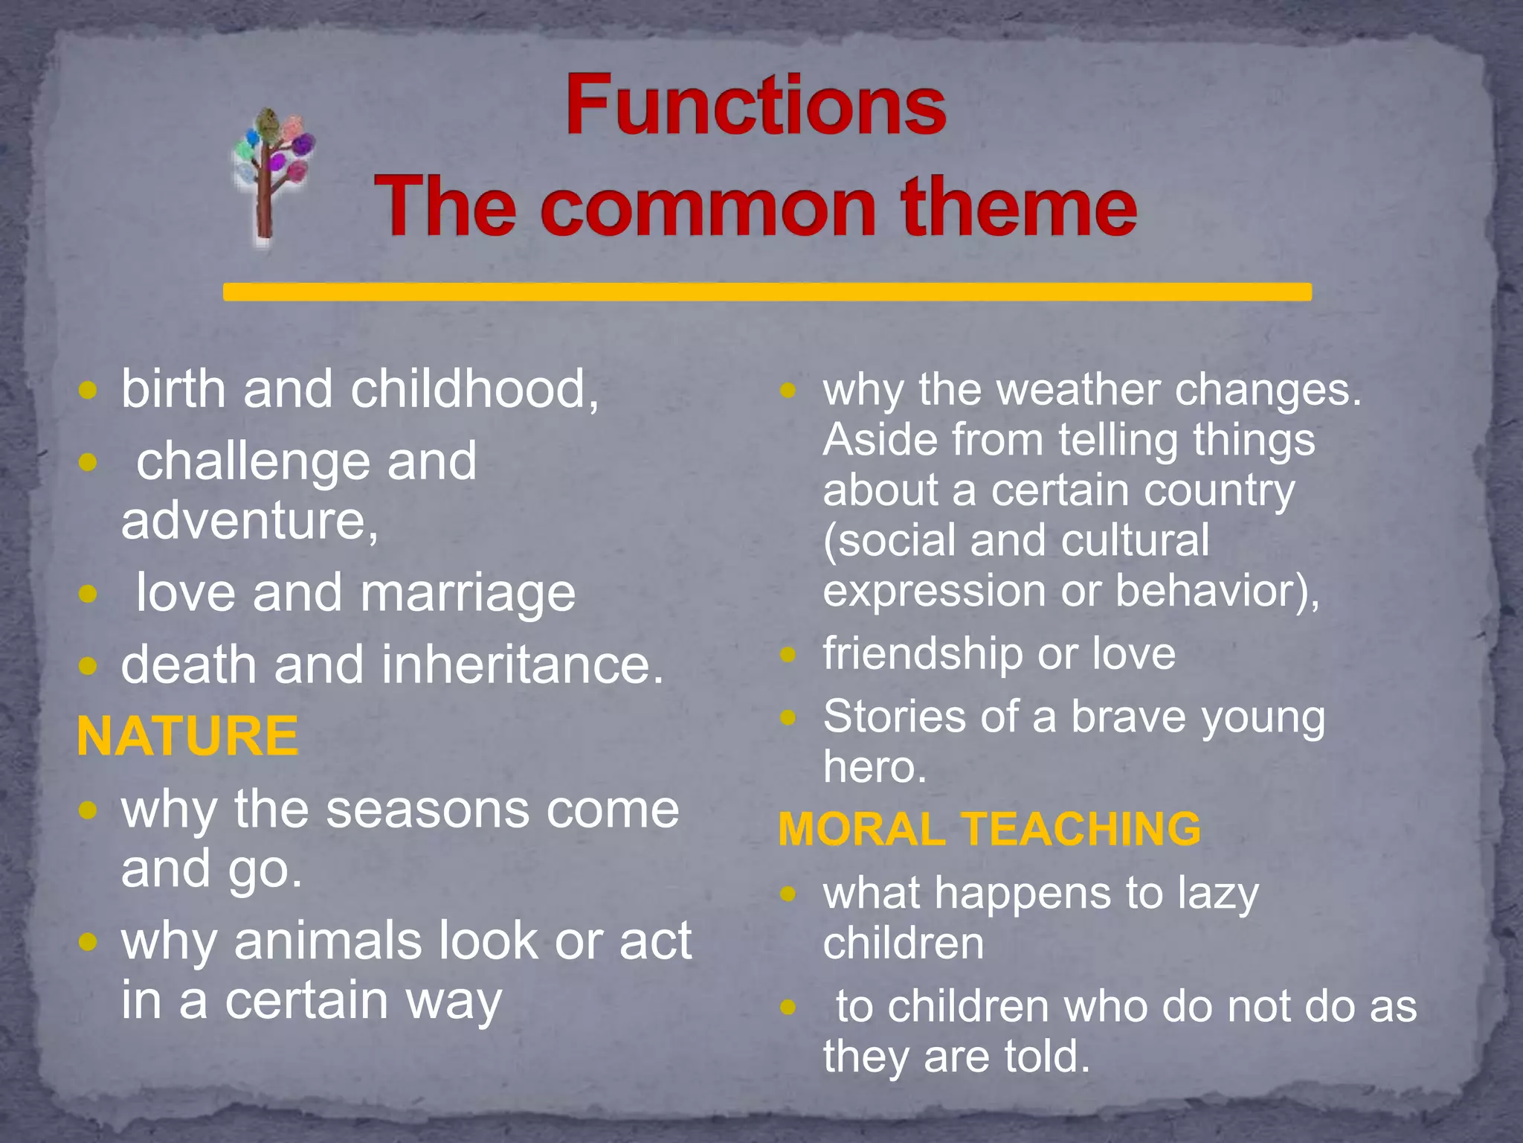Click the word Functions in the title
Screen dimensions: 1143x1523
tap(755, 106)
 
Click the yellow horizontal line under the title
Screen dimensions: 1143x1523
tap(766, 292)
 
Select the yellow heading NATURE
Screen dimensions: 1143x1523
tap(187, 736)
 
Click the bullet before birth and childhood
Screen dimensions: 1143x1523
tap(88, 390)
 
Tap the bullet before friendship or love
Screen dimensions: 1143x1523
tap(788, 655)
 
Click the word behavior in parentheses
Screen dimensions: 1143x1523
tap(1216, 591)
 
